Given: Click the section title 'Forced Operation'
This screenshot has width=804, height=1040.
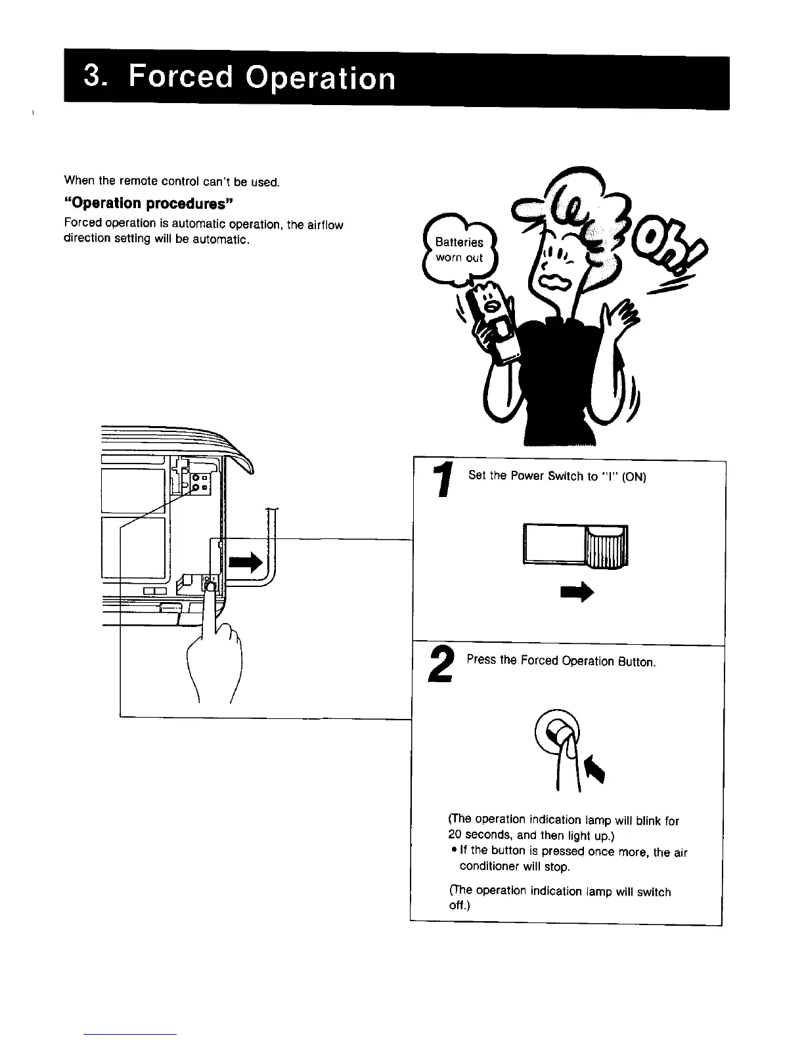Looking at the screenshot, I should tap(262, 79).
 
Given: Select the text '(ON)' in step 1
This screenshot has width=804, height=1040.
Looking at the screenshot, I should tap(634, 477).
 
